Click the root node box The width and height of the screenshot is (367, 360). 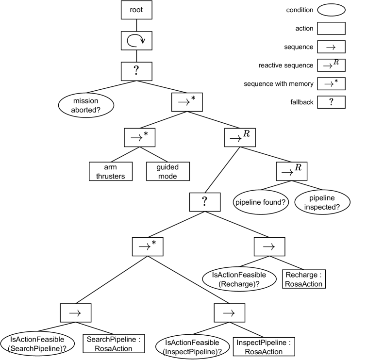(x=136, y=9)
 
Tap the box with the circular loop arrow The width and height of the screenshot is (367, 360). (x=136, y=41)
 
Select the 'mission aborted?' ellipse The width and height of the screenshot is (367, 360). (x=86, y=105)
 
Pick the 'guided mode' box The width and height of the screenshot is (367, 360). (x=167, y=172)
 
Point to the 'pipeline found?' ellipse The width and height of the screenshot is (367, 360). (x=260, y=202)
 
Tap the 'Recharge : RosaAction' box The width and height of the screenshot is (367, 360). (x=304, y=279)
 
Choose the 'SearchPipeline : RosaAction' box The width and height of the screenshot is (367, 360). (x=114, y=344)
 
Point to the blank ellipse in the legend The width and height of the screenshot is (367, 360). (x=331, y=10)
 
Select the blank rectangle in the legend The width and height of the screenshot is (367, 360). (x=331, y=28)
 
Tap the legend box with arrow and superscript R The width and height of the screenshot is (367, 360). (x=331, y=65)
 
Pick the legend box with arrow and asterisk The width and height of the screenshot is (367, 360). (x=331, y=83)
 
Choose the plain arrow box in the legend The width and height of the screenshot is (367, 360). (x=331, y=47)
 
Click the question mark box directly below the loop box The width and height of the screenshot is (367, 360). (x=136, y=71)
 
